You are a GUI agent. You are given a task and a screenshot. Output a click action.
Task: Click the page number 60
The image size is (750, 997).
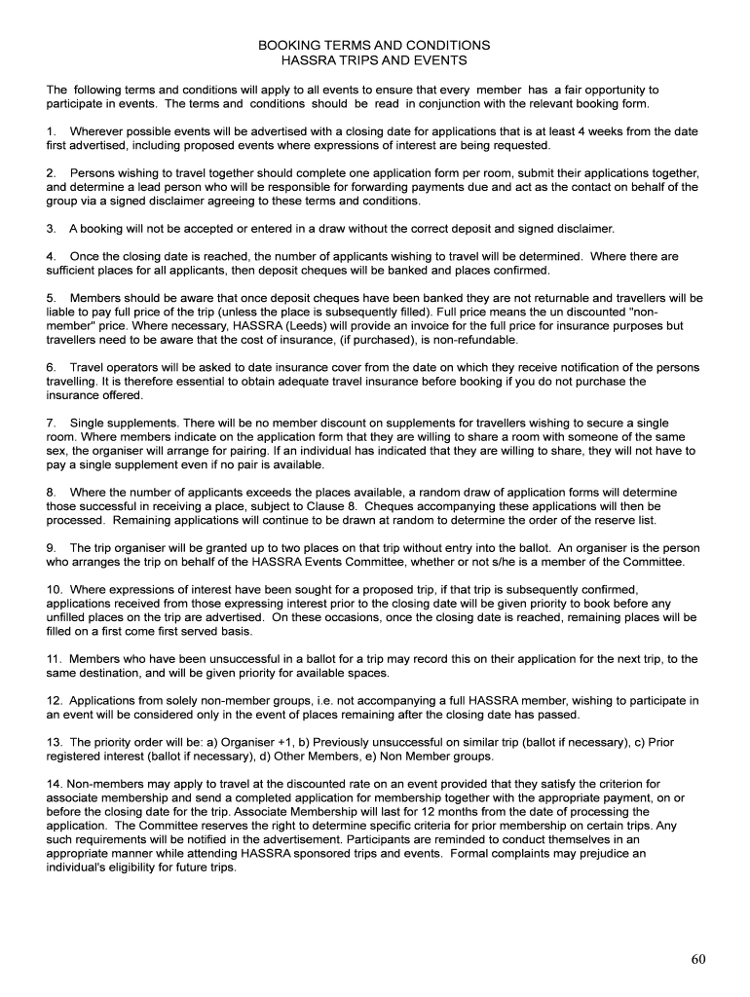click(x=698, y=959)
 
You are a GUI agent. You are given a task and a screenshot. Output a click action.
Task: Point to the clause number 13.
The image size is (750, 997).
click(x=54, y=743)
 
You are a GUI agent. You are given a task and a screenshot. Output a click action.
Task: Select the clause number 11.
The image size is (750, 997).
click(x=54, y=659)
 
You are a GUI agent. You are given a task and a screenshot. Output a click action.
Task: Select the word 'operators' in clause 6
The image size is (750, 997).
click(x=131, y=368)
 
